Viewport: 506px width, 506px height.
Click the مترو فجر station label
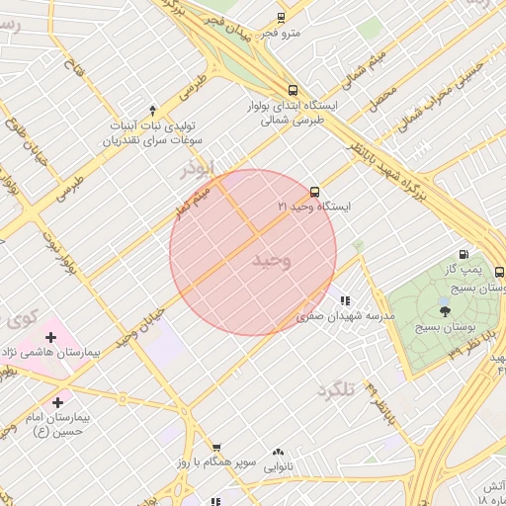(x=280, y=34)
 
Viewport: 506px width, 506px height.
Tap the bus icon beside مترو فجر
(x=281, y=18)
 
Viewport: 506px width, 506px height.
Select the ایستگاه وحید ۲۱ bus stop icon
(x=314, y=192)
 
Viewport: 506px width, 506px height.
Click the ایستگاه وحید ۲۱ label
(x=314, y=207)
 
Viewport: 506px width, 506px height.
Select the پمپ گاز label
(x=464, y=269)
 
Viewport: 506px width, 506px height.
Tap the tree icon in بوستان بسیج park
(x=444, y=311)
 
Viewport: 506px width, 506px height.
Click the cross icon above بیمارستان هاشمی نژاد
(x=50, y=338)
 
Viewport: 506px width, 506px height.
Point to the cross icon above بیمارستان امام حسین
(x=58, y=402)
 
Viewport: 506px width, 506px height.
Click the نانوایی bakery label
(x=277, y=465)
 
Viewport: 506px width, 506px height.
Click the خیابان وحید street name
(x=137, y=325)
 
